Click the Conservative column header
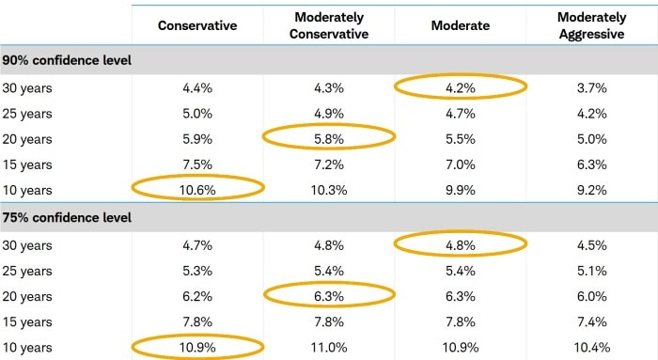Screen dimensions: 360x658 pos(197,25)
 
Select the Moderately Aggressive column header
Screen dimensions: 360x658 pos(591,25)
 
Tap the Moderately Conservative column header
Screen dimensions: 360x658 pos(328,25)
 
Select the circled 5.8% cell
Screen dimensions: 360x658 pos(328,137)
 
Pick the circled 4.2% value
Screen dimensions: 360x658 pos(461,87)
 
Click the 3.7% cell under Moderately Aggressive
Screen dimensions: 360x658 pos(591,87)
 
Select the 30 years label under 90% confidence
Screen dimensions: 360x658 pos(27,87)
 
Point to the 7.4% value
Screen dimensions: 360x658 pos(591,321)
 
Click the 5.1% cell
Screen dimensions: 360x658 pos(591,271)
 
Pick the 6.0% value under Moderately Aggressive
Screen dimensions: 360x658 pos(591,295)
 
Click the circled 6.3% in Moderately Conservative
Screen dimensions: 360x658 pos(328,295)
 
